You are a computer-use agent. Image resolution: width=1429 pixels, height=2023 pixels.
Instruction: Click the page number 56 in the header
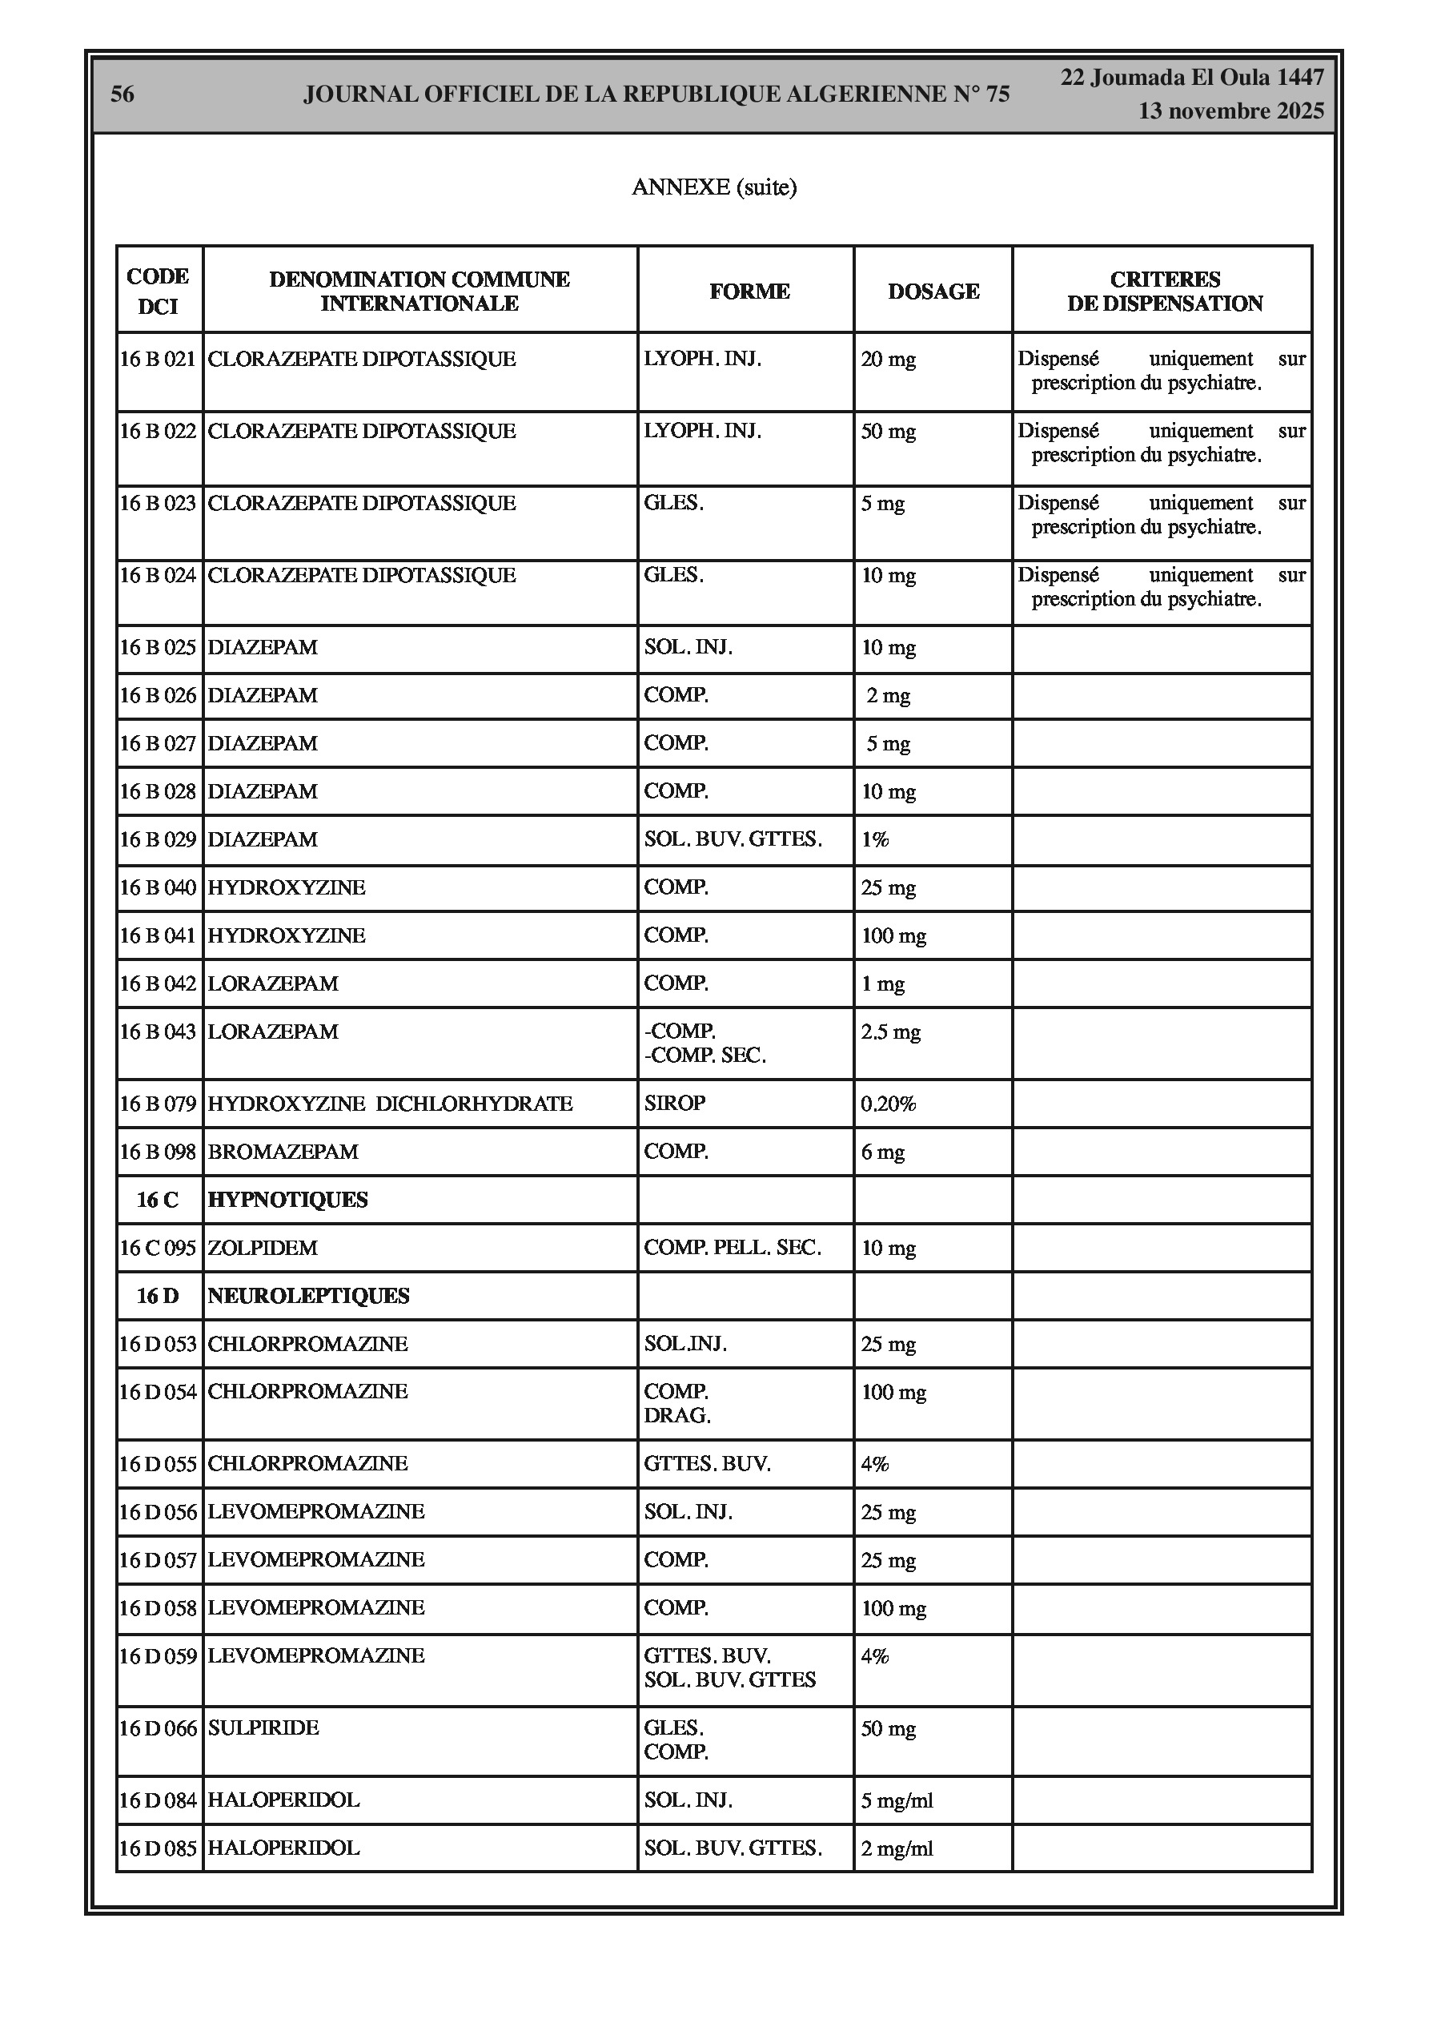[122, 95]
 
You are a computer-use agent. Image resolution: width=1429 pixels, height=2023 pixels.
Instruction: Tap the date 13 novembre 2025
[1230, 111]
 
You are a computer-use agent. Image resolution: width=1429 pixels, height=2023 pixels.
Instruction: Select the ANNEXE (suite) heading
[713, 187]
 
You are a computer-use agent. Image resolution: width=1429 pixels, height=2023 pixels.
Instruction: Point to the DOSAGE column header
[933, 292]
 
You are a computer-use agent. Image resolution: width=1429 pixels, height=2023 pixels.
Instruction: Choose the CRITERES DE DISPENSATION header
[1164, 292]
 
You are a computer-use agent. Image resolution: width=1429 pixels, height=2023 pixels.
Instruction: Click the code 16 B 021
[158, 360]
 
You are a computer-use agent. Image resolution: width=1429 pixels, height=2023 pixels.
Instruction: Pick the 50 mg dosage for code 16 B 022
[888, 432]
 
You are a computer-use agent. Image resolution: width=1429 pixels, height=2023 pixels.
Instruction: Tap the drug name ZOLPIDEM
[263, 1248]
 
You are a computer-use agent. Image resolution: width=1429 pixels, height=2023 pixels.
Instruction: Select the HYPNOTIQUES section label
[287, 1200]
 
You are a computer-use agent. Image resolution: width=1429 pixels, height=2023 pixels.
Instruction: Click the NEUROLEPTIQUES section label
[308, 1296]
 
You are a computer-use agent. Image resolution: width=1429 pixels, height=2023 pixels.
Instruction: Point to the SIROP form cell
[674, 1103]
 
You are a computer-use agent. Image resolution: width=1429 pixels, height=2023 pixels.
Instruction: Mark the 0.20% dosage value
[888, 1104]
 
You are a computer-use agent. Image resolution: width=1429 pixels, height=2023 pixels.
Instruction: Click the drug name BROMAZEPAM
[283, 1152]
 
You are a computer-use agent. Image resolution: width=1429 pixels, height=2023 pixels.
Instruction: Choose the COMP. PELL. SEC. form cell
[733, 1248]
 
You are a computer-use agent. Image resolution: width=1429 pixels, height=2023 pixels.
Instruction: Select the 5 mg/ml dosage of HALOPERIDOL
[896, 1800]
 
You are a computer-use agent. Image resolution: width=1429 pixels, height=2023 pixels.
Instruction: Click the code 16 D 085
[158, 1848]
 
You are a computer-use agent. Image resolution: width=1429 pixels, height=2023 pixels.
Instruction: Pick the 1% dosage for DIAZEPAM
[875, 839]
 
